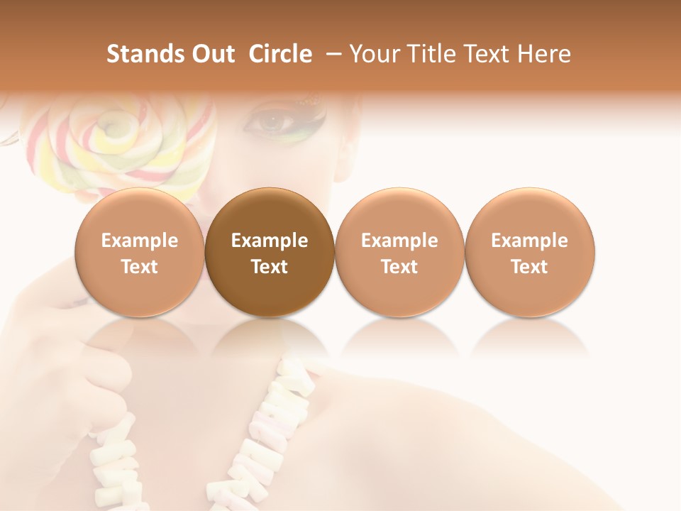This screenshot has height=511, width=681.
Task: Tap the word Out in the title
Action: pos(211,54)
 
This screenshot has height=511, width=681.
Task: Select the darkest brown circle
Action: pos(270,253)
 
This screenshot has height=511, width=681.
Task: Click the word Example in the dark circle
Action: pos(270,241)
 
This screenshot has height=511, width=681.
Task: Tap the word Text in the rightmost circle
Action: pos(530,267)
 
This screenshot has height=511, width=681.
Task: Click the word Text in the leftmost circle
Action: pos(140,267)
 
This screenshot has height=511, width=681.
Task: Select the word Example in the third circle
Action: pos(399,241)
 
